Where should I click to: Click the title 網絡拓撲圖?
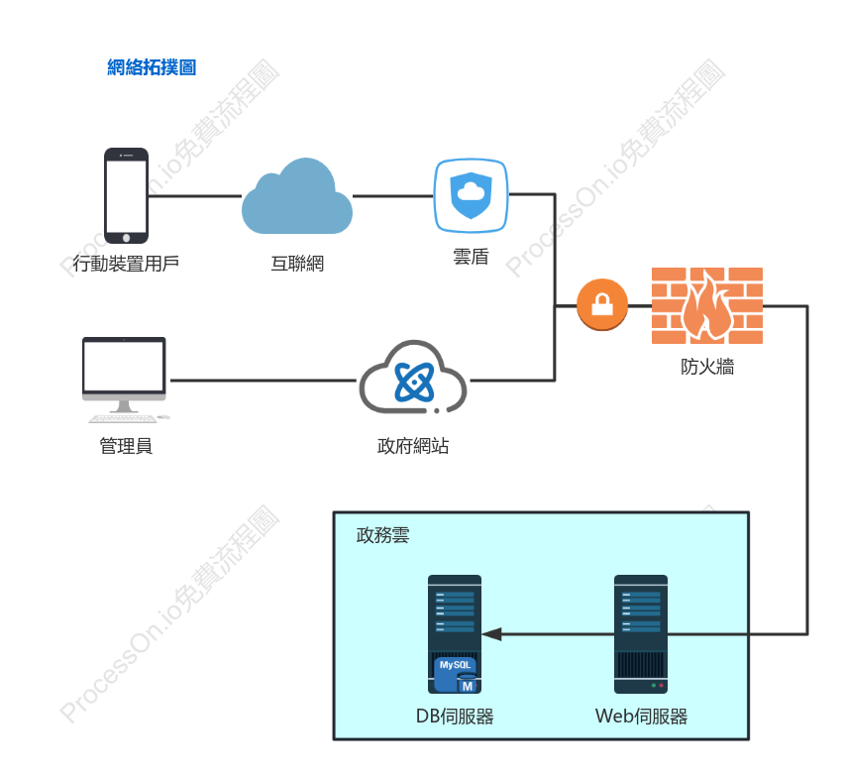pos(152,67)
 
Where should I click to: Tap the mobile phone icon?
pos(126,195)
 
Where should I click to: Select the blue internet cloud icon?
pos(297,196)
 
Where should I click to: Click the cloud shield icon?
pos(471,195)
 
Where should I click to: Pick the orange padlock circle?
pos(601,304)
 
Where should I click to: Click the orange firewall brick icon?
pos(707,305)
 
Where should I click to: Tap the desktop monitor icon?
pos(125,380)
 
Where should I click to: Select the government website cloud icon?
pos(413,378)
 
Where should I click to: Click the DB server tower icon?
pos(455,634)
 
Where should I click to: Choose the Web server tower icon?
pos(641,634)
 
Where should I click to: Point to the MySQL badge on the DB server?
pos(456,674)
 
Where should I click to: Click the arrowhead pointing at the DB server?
pos(491,634)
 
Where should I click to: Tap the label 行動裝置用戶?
pos(126,264)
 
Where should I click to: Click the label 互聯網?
pos(297,264)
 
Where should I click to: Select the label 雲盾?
pos(471,257)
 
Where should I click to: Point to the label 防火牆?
pos(707,367)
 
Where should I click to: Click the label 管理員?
pos(126,446)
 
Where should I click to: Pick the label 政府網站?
pos(413,446)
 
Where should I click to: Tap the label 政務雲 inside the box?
pos(382,535)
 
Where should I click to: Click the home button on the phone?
pos(127,238)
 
